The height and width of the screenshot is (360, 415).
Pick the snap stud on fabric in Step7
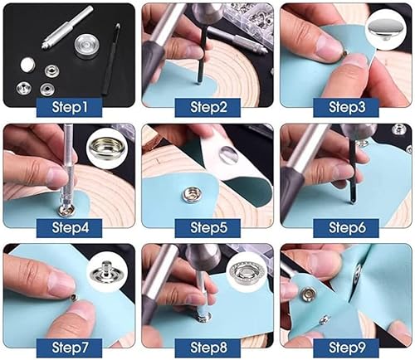[70, 294]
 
